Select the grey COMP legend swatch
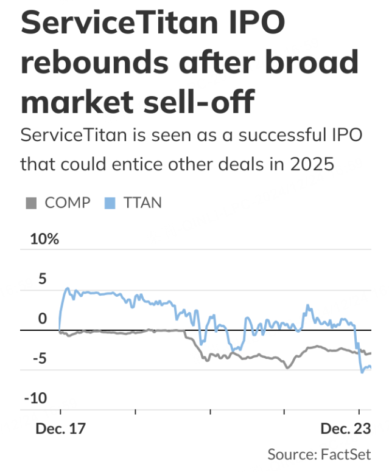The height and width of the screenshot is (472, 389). coord(31,203)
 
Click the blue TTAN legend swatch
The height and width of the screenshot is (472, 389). coord(111,203)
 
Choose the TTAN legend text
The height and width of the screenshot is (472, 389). coord(143,203)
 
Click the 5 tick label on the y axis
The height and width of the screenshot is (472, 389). coord(42,279)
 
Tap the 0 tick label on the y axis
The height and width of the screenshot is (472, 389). coord(42,319)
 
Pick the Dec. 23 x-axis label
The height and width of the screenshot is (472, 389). coord(345,429)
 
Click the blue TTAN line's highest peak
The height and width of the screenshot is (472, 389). coord(67,288)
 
